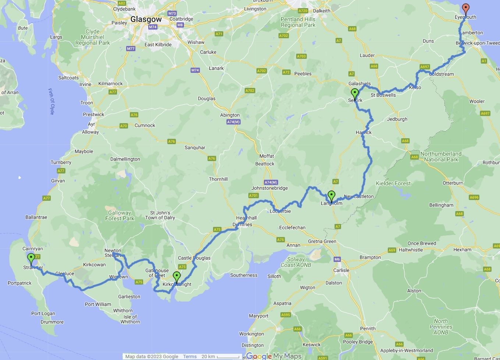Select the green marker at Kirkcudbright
(x=177, y=277)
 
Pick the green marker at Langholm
(x=331, y=196)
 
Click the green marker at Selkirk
(x=354, y=93)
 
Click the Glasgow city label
(x=146, y=19)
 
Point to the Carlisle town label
(x=341, y=270)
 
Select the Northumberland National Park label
(x=441, y=157)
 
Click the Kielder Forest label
(x=393, y=183)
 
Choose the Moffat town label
(x=266, y=156)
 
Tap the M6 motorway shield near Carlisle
(x=337, y=259)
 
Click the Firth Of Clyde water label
(x=52, y=101)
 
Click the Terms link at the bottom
(x=190, y=356)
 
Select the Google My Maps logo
(x=274, y=356)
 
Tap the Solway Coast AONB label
(x=296, y=262)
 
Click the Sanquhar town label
(x=195, y=147)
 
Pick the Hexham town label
(x=462, y=249)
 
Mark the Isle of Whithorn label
(x=130, y=319)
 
